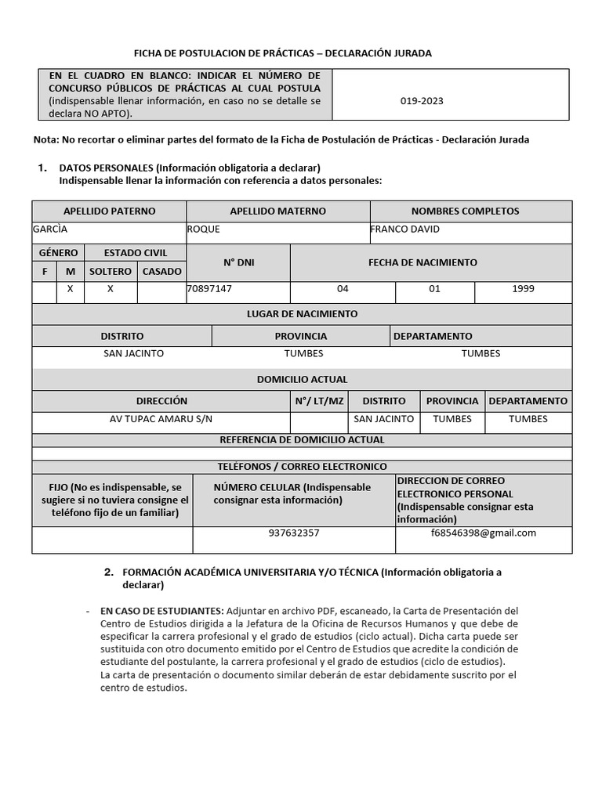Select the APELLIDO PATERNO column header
[x=109, y=211]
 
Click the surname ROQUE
[x=204, y=229]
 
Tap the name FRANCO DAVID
[x=404, y=229]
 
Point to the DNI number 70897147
[x=209, y=288]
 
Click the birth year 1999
[x=523, y=288]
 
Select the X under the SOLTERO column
[x=110, y=288]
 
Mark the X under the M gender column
[x=70, y=288]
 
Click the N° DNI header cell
[x=238, y=262]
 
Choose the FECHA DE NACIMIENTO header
[x=422, y=262]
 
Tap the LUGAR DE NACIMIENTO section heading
[x=302, y=314]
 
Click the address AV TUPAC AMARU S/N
[x=161, y=419]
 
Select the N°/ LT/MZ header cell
[x=319, y=401]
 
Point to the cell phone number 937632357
[x=294, y=533]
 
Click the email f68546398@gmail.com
[x=484, y=533]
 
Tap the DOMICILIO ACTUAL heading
[x=302, y=380]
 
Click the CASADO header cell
[x=161, y=271]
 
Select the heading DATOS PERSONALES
[x=106, y=168]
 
